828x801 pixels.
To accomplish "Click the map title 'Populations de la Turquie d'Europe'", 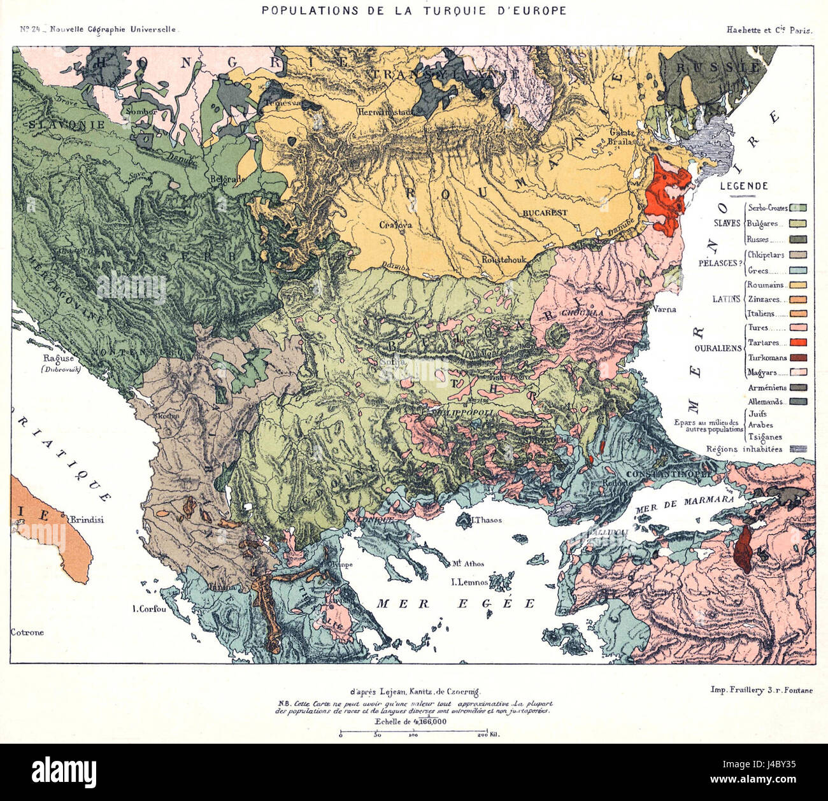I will (x=414, y=11).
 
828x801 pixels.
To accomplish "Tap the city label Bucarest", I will (x=545, y=213).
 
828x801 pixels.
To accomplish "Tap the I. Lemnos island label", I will (x=469, y=582).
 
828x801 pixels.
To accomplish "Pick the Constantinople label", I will (x=660, y=474).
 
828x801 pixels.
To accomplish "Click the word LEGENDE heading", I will (x=743, y=186).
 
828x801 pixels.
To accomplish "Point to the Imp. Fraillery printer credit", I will (x=761, y=690).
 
